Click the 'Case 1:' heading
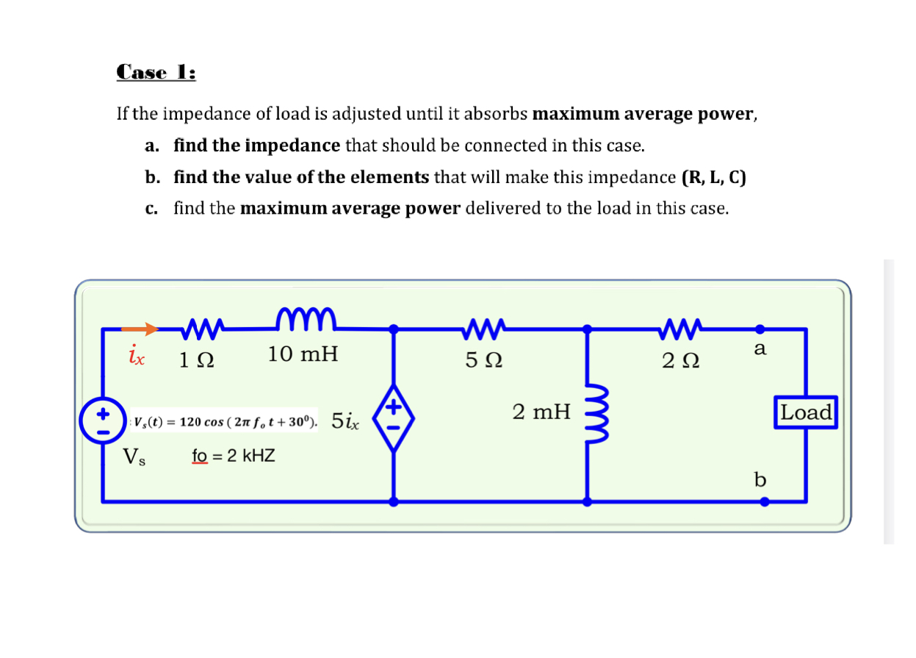(x=156, y=73)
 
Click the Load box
(x=807, y=412)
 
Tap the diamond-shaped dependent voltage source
(x=394, y=415)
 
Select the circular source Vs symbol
(x=102, y=421)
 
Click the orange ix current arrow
(x=140, y=329)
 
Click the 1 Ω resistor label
(x=198, y=361)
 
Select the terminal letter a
(x=760, y=349)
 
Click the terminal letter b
(x=760, y=480)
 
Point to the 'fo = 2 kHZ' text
(x=233, y=456)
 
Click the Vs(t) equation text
(x=223, y=422)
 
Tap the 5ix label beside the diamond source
(x=345, y=421)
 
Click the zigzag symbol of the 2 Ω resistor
(x=679, y=326)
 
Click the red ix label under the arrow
(x=137, y=357)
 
